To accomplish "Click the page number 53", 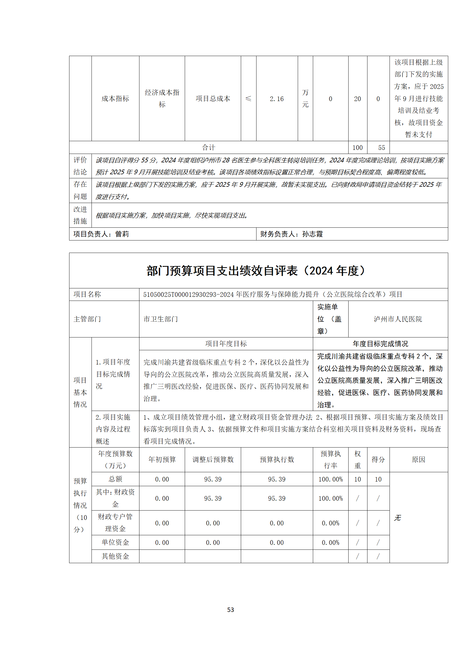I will pos(230,610).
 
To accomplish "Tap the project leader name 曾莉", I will pos(122,234).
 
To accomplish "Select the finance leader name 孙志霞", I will pos(312,234).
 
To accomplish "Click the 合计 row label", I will pos(209,148).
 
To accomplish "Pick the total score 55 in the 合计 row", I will pos(381,148).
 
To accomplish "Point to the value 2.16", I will pos(277,99).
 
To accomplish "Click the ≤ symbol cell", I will pos(248,99).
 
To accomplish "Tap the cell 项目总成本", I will pos(213,99).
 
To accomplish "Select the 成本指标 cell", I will pos(115,99).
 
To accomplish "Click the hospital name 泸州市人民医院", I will pos(398,319).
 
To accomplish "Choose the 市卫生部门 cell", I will pos(161,319).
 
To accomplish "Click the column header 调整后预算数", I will pos(213,459).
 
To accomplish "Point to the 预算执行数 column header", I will pos(277,459).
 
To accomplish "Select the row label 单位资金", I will pos(115,542).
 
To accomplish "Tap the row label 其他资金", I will pos(115,556).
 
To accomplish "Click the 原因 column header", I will pos(418,459).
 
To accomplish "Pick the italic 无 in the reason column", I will pos(397,518).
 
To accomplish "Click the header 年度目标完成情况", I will pos(380,344).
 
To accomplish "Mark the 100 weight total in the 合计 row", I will pos(357,148).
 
